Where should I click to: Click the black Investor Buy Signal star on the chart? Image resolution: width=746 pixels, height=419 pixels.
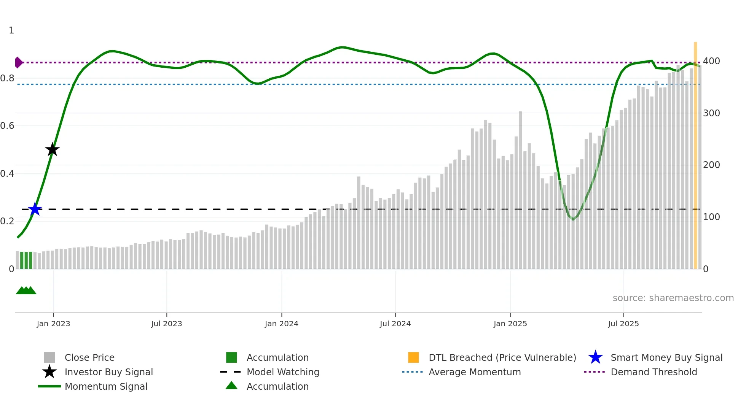[x=53, y=149]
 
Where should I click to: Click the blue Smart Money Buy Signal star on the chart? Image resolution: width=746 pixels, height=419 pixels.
[x=35, y=209]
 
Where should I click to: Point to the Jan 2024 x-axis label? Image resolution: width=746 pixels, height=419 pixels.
[x=281, y=324]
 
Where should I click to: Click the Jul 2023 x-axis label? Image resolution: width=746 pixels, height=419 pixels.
[x=166, y=324]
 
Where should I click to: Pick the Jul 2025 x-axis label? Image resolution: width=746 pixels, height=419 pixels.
[x=623, y=324]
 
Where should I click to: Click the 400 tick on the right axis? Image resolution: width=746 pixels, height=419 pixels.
[x=711, y=61]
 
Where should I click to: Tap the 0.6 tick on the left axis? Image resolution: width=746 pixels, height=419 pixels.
[x=7, y=126]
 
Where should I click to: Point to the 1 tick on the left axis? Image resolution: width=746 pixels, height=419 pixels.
[x=11, y=30]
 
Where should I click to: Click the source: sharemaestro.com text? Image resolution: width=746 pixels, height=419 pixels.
[x=673, y=298]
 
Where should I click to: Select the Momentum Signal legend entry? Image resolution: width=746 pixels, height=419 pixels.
[x=106, y=387]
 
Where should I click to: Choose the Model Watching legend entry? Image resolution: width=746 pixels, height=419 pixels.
[x=283, y=372]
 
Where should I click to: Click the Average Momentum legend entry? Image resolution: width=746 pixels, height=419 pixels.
[x=474, y=372]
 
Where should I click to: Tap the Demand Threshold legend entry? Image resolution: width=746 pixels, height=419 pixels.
[x=654, y=372]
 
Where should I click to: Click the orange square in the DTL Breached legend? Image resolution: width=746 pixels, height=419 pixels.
[x=413, y=357]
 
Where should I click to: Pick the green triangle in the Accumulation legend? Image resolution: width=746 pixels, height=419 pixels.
[x=231, y=386]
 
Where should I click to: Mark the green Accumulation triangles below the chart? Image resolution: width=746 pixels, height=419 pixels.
[x=26, y=290]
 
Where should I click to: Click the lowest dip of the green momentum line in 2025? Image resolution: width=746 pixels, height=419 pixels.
[x=573, y=219]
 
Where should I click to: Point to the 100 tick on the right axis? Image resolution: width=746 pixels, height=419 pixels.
[x=711, y=217]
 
